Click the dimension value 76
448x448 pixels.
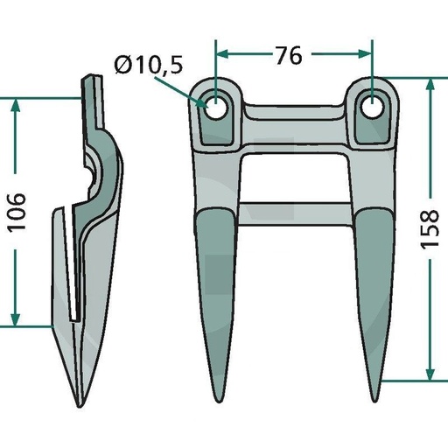[x=289, y=55]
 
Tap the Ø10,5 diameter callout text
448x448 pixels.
[x=149, y=65]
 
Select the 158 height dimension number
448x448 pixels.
[x=430, y=228]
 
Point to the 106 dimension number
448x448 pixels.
[x=17, y=213]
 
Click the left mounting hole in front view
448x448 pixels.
[x=216, y=108]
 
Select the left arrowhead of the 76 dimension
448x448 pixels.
[x=221, y=54]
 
